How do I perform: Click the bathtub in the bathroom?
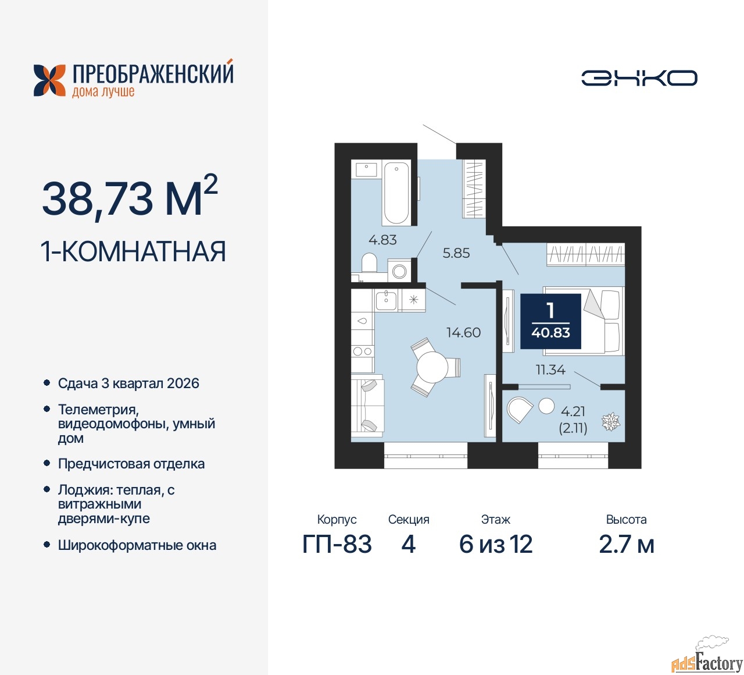(396, 193)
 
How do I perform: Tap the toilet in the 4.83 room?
(369, 262)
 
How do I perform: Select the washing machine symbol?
(399, 271)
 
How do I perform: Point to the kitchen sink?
(386, 300)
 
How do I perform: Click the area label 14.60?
(464, 333)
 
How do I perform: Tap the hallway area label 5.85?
(456, 253)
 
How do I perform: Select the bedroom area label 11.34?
(550, 370)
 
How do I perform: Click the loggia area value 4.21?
(573, 411)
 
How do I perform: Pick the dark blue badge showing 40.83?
(550, 321)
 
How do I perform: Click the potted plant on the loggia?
(611, 422)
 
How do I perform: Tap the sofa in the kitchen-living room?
(367, 408)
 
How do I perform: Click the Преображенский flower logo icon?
(49, 80)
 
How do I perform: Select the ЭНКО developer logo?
(639, 78)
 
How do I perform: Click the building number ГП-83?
(337, 544)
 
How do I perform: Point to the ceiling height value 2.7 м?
(627, 544)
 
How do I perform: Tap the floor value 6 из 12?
(495, 544)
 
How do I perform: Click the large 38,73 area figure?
(97, 199)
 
